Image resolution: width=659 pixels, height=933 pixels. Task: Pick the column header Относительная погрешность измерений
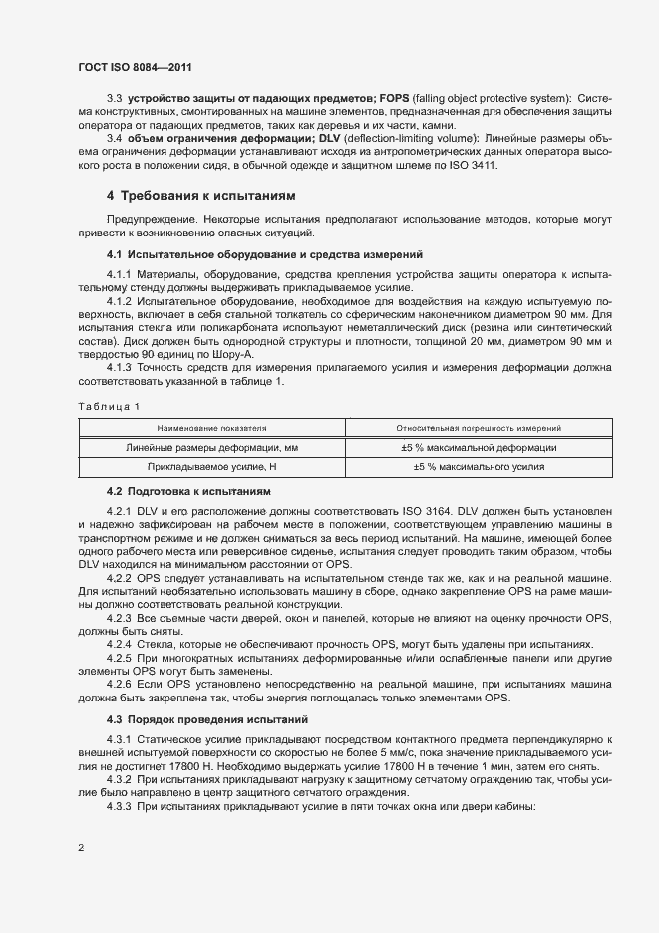tap(478, 427)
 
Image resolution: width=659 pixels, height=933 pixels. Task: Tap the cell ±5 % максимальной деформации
tap(478, 447)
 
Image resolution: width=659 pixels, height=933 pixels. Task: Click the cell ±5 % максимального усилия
tap(478, 466)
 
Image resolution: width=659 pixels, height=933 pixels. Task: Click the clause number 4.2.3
tap(120, 620)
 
